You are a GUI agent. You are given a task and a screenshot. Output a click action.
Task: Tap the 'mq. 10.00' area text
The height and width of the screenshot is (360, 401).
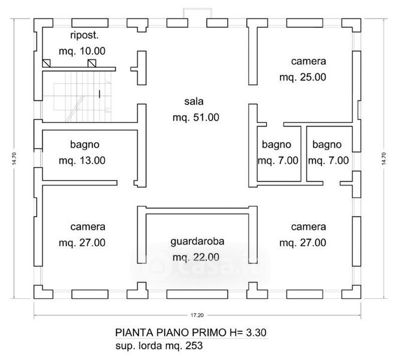click(83, 52)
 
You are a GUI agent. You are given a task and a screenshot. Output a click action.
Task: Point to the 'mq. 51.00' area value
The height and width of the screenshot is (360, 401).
click(195, 118)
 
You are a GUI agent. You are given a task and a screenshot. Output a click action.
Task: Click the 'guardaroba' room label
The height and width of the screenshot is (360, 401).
click(197, 242)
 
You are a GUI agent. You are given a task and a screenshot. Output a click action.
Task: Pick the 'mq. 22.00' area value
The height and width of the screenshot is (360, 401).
click(195, 258)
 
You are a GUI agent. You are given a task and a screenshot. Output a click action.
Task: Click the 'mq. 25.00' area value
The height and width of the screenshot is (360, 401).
click(303, 77)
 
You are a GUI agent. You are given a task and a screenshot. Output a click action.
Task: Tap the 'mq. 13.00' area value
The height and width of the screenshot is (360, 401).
click(83, 160)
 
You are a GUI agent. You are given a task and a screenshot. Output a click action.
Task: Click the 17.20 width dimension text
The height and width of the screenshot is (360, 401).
click(197, 315)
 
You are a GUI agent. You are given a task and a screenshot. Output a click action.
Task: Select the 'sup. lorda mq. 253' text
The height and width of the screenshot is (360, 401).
click(152, 346)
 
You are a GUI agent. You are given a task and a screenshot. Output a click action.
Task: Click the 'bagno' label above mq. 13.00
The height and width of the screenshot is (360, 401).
click(84, 145)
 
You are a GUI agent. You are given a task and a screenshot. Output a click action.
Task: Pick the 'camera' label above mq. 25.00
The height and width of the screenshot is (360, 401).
click(309, 61)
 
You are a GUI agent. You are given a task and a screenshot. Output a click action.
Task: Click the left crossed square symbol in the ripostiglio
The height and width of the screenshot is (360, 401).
click(46, 63)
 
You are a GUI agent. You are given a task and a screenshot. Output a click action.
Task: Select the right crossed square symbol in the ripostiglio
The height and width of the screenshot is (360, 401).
click(91, 63)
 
